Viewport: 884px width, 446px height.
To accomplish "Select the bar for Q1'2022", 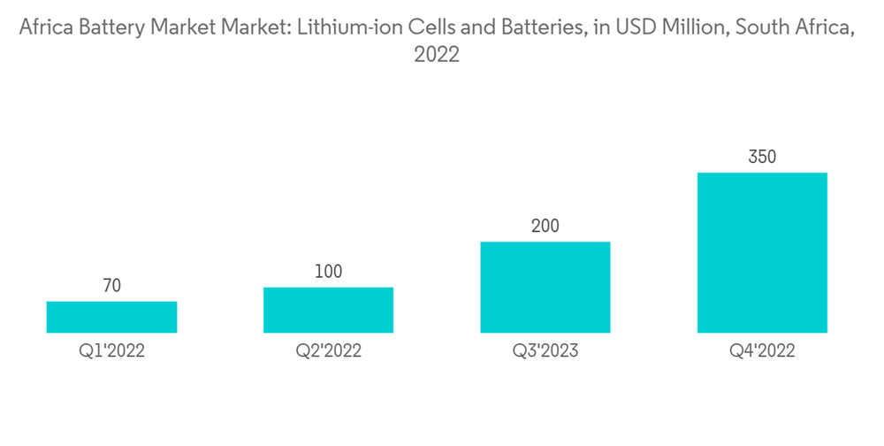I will tap(111, 317).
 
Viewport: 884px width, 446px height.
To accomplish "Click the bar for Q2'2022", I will tap(328, 310).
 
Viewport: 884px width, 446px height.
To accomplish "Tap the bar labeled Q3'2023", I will tap(545, 287).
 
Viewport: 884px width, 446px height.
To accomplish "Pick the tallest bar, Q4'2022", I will tap(762, 252).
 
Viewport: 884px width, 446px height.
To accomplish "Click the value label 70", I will tap(111, 286).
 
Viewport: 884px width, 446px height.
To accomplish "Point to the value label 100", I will tap(328, 272).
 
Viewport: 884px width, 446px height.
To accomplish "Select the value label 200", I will tap(545, 226).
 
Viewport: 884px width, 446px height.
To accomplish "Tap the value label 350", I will tap(762, 158).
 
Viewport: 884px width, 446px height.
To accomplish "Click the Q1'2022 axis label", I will tap(111, 351).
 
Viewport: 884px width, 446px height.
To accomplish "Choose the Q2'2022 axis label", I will tap(328, 351).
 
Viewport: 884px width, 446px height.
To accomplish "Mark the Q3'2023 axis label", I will tap(545, 351).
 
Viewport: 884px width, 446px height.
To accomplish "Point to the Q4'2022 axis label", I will tap(762, 351).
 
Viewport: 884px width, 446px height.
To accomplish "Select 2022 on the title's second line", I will tap(437, 54).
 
